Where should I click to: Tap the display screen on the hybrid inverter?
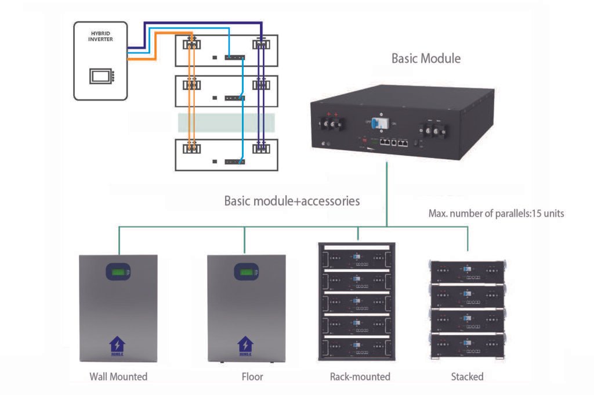(x=99, y=76)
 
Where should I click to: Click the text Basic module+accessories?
(x=292, y=201)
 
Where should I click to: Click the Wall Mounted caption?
(x=118, y=376)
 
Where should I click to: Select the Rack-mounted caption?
(x=360, y=376)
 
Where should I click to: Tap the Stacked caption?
(x=467, y=376)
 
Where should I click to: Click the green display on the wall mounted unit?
(x=118, y=272)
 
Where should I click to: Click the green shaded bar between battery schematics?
(x=227, y=123)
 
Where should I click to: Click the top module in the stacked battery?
(x=467, y=270)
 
